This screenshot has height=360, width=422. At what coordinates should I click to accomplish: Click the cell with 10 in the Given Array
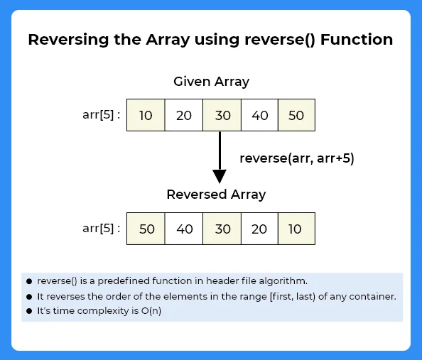click(146, 116)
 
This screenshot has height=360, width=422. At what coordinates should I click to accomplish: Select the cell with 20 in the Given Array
click(183, 116)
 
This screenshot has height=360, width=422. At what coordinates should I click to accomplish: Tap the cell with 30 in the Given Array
click(222, 116)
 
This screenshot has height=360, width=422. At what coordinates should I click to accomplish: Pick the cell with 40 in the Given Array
click(259, 116)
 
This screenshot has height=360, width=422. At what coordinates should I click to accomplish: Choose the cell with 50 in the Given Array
click(296, 116)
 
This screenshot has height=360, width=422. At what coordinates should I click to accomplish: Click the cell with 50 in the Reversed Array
click(146, 229)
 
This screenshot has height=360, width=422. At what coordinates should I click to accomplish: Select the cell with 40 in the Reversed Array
click(183, 229)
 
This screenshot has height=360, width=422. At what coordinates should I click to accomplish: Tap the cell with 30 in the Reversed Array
click(222, 229)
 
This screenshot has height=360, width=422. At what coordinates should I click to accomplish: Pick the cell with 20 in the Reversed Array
click(259, 229)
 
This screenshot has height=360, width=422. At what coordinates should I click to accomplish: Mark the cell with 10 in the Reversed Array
click(296, 229)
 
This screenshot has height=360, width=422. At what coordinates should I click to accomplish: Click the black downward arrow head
click(220, 176)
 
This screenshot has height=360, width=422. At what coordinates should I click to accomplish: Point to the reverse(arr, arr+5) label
click(296, 158)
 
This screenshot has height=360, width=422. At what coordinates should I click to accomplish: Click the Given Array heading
click(211, 82)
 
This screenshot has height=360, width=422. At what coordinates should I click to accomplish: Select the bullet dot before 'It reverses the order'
click(29, 296)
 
